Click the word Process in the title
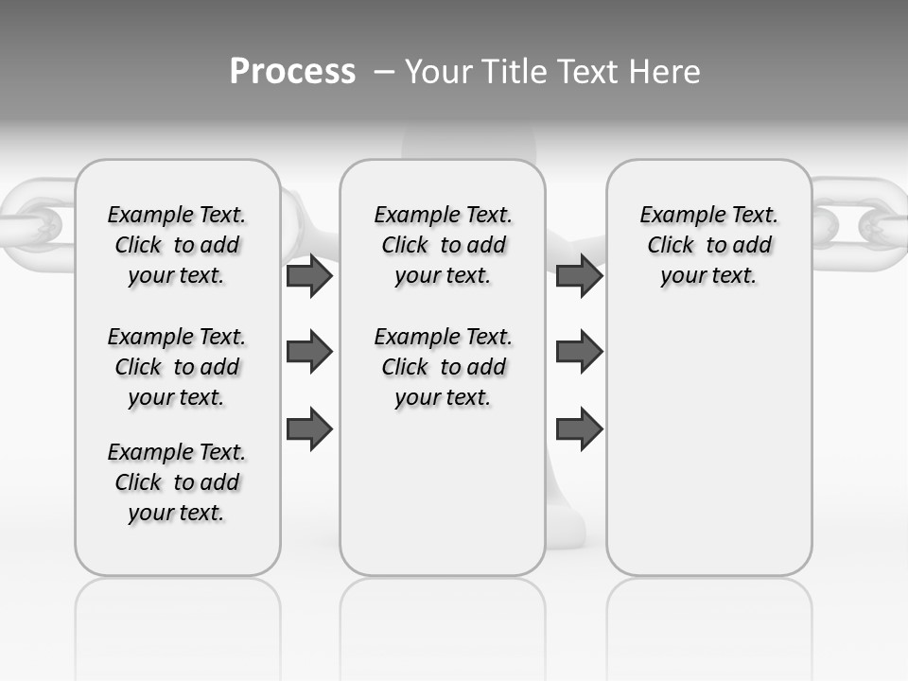pyautogui.click(x=292, y=72)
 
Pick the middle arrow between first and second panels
pyautogui.click(x=308, y=353)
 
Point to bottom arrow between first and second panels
pyautogui.click(x=308, y=429)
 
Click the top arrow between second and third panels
pyautogui.click(x=579, y=275)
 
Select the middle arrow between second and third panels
pyautogui.click(x=579, y=352)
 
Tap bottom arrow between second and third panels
pyautogui.click(x=579, y=429)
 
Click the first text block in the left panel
pyautogui.click(x=177, y=245)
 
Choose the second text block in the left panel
pyautogui.click(x=177, y=367)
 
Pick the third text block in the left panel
pyautogui.click(x=177, y=482)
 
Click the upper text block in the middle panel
pyautogui.click(x=443, y=245)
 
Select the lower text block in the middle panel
pyautogui.click(x=443, y=367)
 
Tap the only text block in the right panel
pyautogui.click(x=708, y=245)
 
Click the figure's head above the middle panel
pyautogui.click(x=468, y=145)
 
